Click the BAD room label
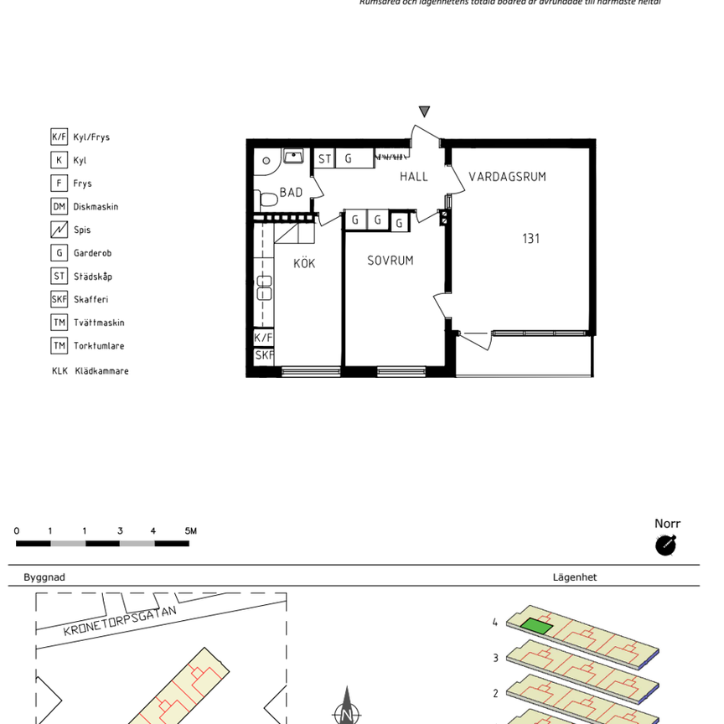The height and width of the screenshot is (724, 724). point(291,193)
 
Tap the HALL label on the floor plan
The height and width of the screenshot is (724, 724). point(414,177)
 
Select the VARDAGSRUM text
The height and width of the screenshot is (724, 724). point(507,177)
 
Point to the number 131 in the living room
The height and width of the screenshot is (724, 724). point(530,239)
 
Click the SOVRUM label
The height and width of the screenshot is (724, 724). point(390,261)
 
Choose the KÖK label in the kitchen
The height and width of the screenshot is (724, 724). point(304,263)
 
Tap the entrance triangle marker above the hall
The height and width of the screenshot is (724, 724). point(424,111)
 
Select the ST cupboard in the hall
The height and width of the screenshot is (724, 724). point(323,158)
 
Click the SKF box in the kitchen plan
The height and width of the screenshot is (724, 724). point(264,355)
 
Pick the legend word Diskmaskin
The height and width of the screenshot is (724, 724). point(96,207)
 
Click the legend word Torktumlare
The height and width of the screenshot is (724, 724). point(99,346)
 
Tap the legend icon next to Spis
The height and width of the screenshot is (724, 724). point(59,230)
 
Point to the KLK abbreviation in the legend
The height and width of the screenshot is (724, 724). point(59,371)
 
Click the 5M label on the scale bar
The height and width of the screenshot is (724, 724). point(190,530)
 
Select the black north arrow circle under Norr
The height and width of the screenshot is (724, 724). point(665,546)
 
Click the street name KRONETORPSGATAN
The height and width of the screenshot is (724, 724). point(121,621)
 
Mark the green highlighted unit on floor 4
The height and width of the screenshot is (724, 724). point(536,625)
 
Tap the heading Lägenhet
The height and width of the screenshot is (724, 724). point(574,577)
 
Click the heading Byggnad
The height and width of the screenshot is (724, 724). point(44,577)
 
